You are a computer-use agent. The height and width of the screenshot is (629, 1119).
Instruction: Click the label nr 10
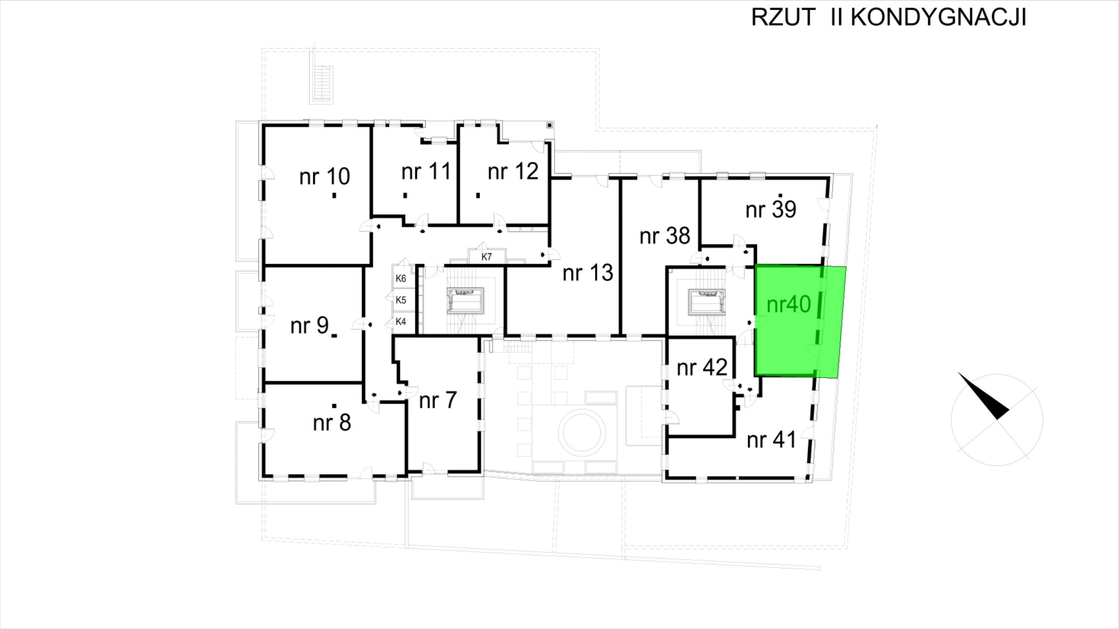325,177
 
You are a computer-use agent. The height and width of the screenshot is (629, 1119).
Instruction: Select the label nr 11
426,172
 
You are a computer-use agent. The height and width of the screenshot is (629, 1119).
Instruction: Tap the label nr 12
513,171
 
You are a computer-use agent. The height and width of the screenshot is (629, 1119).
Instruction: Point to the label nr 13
588,272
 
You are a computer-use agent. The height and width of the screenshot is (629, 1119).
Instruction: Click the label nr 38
665,236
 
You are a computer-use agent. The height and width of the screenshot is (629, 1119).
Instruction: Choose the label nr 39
770,210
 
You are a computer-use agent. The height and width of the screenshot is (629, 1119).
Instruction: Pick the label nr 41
771,440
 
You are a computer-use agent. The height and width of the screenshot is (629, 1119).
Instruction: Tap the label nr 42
702,368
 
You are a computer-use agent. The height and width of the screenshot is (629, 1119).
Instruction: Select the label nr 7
437,401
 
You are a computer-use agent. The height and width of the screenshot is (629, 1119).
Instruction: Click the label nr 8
332,423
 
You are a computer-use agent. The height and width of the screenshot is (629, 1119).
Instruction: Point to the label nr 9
309,326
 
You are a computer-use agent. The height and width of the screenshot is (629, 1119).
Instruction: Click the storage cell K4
401,322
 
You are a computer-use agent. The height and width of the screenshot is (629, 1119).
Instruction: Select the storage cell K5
401,300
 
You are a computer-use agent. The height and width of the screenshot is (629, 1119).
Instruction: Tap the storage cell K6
401,278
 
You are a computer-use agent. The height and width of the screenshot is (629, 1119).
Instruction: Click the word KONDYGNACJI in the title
938,17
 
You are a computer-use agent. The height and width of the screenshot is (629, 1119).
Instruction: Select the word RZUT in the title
783,17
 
